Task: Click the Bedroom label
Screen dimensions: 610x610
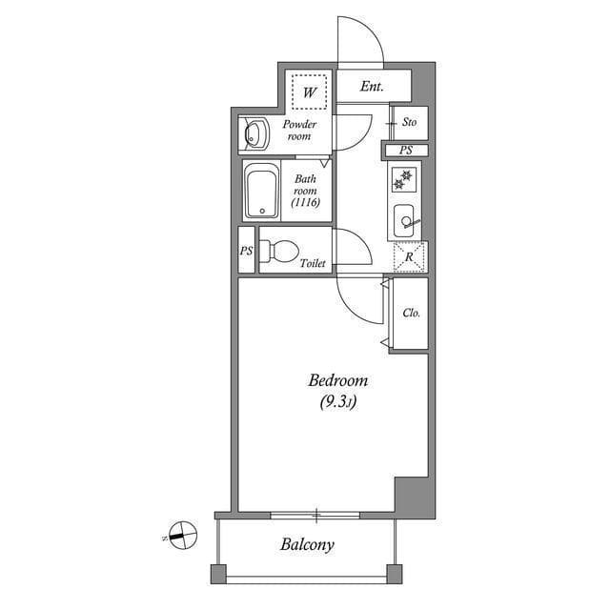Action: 337,380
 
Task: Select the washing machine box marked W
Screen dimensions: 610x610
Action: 309,92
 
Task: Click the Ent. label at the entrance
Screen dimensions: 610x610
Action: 372,87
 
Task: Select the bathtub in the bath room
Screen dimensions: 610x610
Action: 261,191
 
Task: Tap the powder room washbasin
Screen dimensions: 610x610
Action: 255,135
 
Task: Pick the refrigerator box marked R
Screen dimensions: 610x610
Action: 409,257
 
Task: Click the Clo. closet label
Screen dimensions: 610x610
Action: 412,313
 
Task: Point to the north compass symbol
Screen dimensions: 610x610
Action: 181,535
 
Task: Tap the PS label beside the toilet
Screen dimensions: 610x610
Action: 246,252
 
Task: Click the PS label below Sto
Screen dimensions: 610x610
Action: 406,151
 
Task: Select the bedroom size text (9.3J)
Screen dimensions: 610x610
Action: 337,402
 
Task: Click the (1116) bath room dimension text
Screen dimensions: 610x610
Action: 305,202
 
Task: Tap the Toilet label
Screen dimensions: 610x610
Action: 313,263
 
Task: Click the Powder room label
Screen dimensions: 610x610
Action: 299,131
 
